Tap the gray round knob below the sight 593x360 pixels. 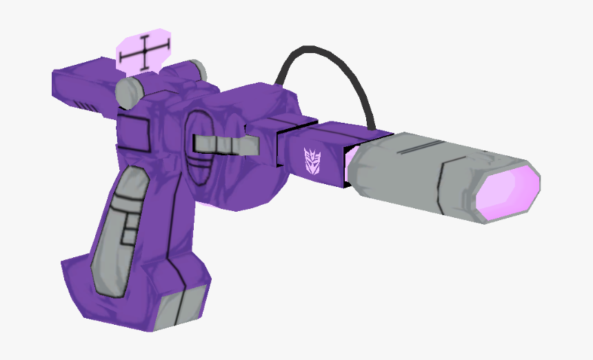click(129, 92)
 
